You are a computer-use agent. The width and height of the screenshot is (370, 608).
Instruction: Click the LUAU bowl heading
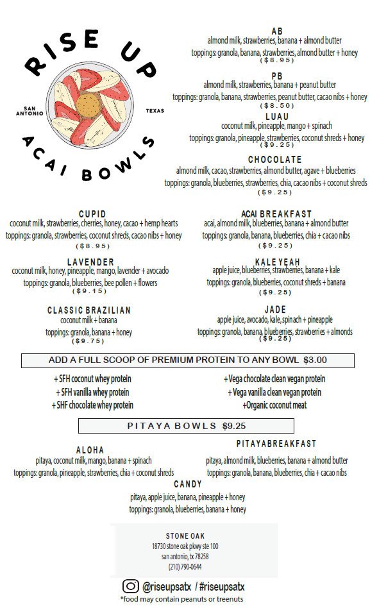tap(276, 116)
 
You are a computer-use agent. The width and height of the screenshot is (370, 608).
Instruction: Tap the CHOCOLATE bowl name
tap(274, 160)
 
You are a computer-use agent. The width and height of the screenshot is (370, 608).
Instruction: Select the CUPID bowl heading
tap(92, 214)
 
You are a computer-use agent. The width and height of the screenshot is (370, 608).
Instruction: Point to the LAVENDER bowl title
tap(90, 262)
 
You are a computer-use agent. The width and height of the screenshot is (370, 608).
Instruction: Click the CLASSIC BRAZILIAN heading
tap(89, 310)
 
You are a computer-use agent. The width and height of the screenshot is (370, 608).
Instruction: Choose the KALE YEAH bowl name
tap(276, 262)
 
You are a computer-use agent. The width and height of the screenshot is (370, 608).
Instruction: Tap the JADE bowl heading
tap(275, 310)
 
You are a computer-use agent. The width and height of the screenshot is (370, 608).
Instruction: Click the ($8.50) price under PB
tap(276, 105)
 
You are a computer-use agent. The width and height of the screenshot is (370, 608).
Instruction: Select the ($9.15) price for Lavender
tap(90, 291)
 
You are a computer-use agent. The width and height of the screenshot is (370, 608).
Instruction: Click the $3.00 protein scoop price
tap(315, 360)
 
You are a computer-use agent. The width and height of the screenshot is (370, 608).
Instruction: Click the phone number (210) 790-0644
tap(185, 566)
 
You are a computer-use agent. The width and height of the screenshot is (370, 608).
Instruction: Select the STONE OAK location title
tap(185, 536)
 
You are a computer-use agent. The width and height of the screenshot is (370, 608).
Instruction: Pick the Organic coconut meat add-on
tap(274, 405)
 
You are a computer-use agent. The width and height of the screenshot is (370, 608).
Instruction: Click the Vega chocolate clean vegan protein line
tap(274, 379)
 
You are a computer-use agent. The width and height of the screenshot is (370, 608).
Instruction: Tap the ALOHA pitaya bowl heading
tap(90, 450)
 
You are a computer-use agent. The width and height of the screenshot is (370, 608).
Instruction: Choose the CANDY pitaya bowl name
tap(187, 484)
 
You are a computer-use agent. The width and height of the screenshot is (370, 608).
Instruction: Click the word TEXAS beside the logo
tap(155, 110)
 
